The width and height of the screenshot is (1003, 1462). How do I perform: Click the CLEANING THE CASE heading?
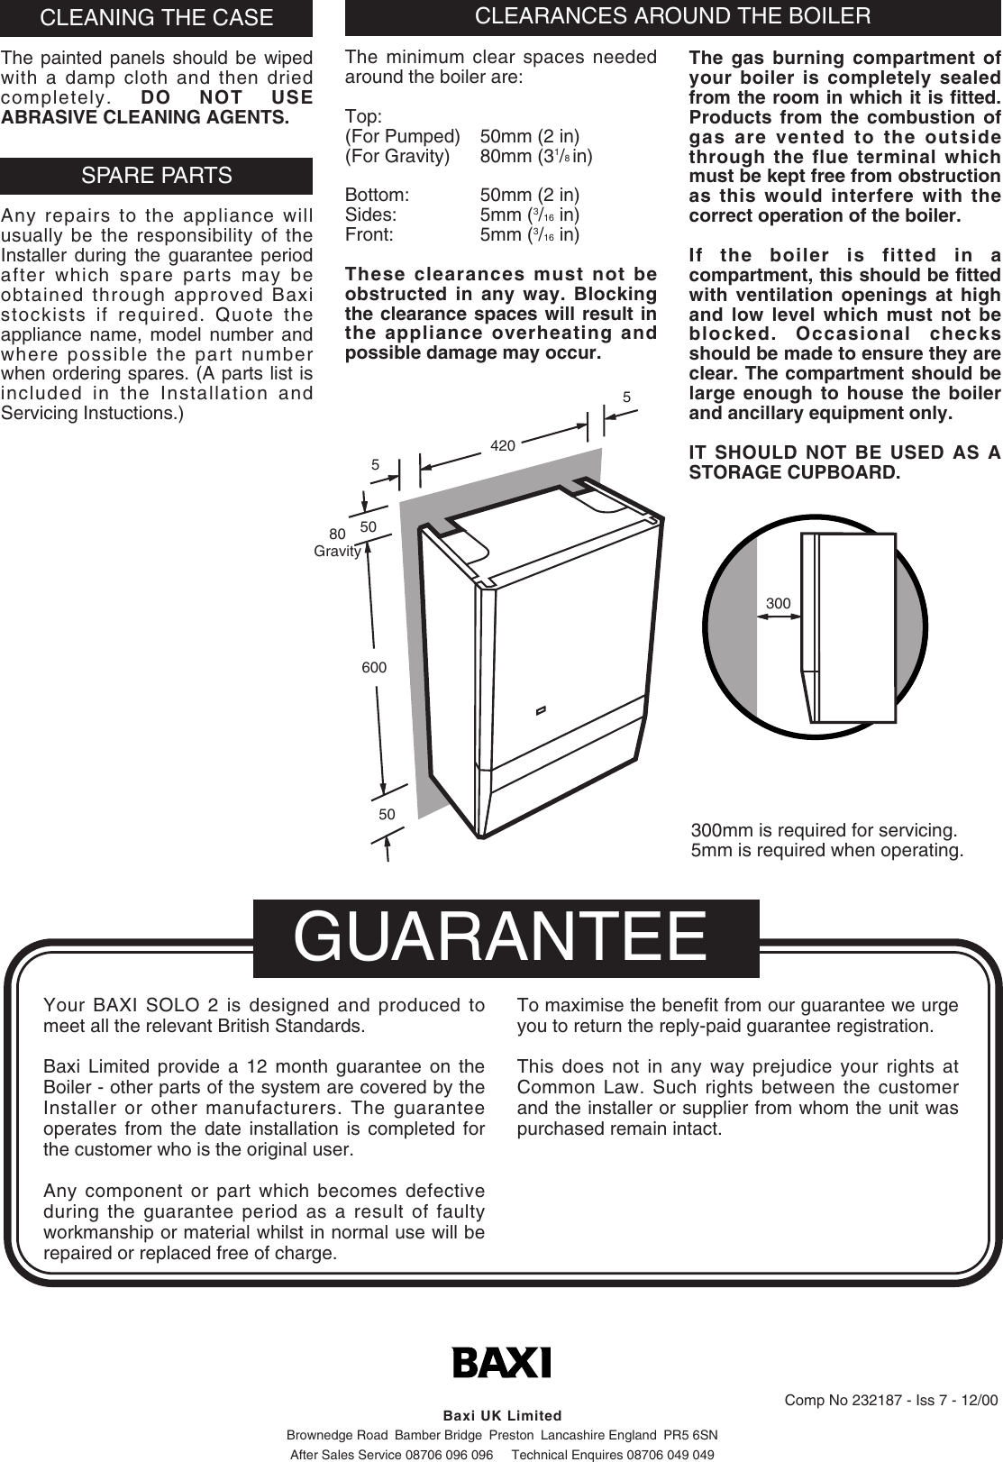156,17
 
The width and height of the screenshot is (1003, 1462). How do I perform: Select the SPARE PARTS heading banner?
156,176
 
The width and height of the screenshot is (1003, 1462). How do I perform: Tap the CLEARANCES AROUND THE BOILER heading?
672,16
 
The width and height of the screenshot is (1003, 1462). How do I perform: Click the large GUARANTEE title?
501,937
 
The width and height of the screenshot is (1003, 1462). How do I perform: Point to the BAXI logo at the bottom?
501,1362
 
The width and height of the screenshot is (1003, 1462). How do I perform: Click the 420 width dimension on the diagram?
503,445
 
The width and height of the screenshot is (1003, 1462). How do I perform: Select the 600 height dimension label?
374,668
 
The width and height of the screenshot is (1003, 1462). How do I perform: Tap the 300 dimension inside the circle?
778,603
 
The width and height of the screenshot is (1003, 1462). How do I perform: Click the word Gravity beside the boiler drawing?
337,552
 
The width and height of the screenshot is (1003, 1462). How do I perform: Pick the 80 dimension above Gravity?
337,535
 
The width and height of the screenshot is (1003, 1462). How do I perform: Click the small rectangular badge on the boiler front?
541,709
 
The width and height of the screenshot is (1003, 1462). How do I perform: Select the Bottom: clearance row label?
378,196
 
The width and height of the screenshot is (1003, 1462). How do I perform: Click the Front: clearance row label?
369,235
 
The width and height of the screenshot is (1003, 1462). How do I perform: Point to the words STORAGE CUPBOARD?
794,472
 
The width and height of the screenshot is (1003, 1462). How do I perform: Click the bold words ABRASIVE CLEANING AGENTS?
145,117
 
